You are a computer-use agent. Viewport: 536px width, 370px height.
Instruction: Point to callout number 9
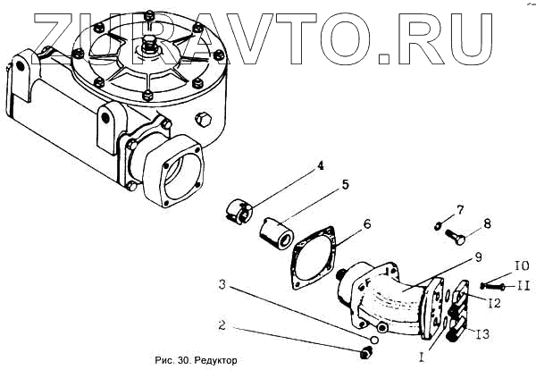[x=478, y=256]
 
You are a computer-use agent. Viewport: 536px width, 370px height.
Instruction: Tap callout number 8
[x=487, y=223]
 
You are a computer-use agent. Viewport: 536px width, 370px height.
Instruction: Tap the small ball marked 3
[x=375, y=341]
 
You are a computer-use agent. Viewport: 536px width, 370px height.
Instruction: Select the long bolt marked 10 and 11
[x=490, y=285]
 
